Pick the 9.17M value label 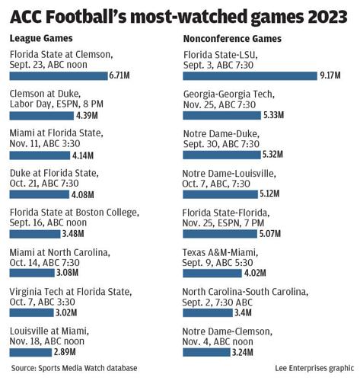pos(330,75)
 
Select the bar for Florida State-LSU pos(250,75)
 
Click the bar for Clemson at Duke pos(42,115)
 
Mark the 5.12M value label pos(269,194)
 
